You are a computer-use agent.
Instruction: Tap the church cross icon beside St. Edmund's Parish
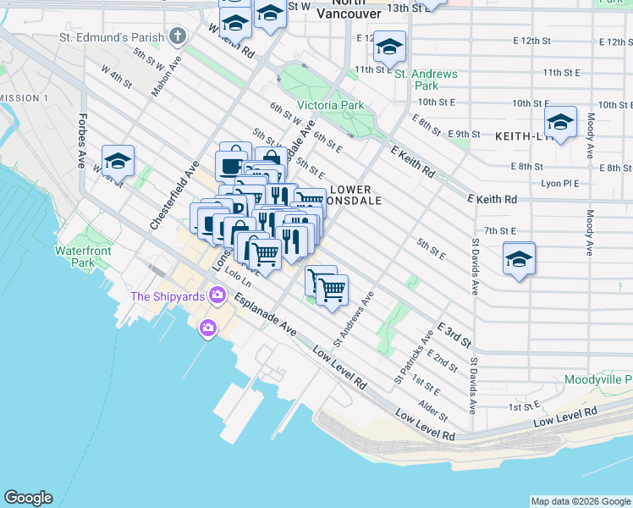177,36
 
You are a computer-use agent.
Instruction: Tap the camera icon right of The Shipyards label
217,295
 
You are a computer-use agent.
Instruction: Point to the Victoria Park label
331,106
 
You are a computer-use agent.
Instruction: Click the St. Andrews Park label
427,80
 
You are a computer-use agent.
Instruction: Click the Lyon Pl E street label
559,183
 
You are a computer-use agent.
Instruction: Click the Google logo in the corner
28,498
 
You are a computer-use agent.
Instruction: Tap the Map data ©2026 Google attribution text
581,501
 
